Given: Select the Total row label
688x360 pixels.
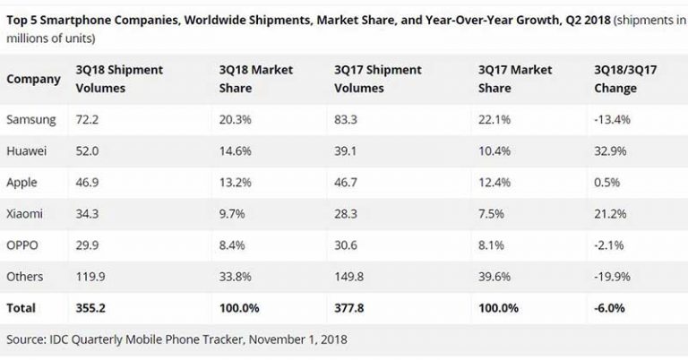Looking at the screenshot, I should coord(21,308).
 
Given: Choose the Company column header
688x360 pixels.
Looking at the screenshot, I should coord(33,79).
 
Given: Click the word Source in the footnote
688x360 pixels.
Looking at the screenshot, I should coord(29,339).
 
